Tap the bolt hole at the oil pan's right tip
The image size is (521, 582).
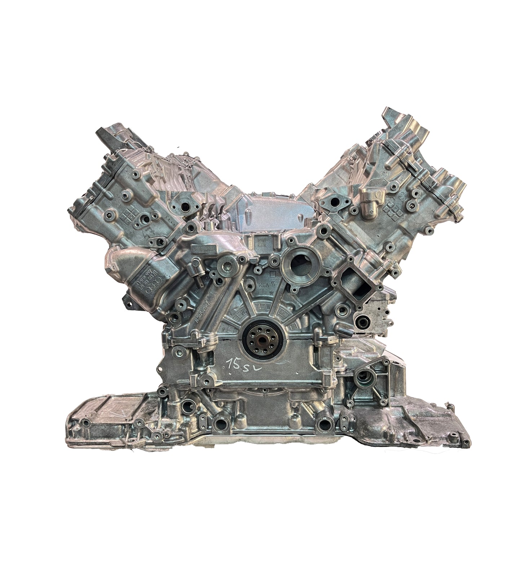(467, 442)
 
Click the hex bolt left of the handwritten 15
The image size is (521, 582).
(207, 378)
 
